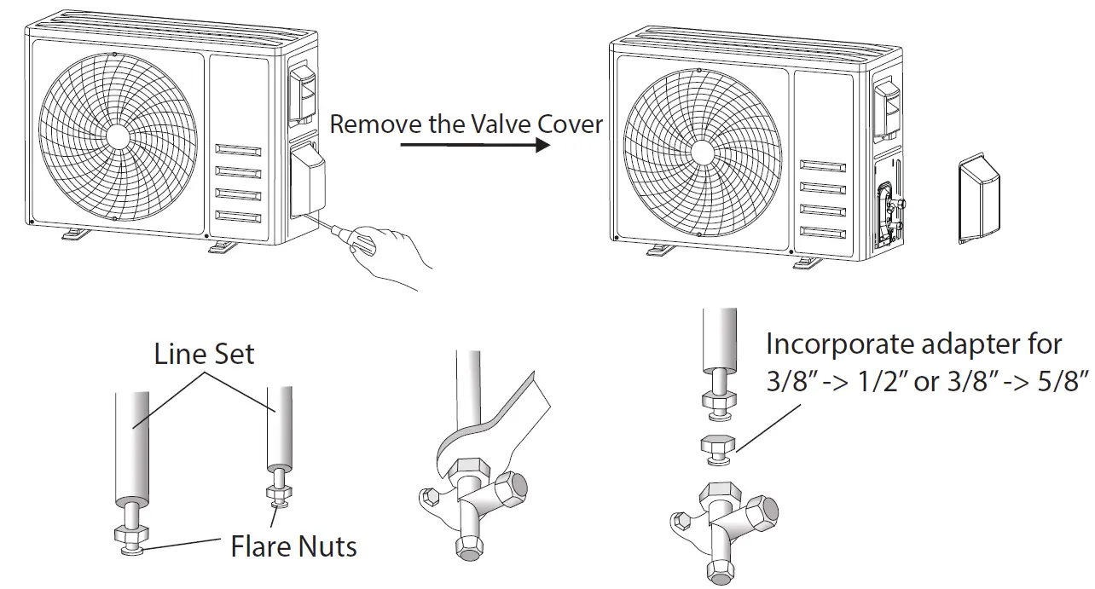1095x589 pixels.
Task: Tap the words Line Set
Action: (x=204, y=354)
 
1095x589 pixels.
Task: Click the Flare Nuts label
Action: (x=293, y=546)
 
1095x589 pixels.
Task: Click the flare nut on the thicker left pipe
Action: (x=131, y=536)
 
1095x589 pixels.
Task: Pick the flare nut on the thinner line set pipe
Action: (x=277, y=492)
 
